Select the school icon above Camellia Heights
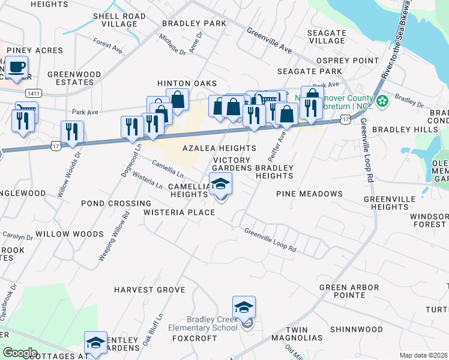pos(220,184)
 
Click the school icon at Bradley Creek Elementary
pos(244,307)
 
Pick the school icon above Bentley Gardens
pos(95,342)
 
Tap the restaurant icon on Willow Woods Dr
pos(72,131)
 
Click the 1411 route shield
pos(34,94)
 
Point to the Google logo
pos(20,352)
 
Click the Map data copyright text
pos(423,355)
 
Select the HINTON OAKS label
pos(187,83)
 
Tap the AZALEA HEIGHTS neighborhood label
pos(219,148)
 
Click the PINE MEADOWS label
pos(309,194)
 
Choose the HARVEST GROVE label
pos(149,290)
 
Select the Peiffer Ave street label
pos(279,143)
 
